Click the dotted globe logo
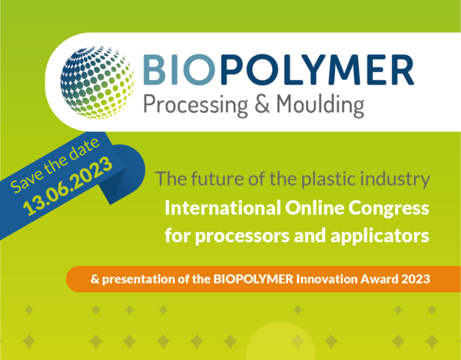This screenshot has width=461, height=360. [x=98, y=82]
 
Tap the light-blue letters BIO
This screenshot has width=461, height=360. [x=179, y=70]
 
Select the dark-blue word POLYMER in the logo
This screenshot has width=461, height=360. [x=317, y=70]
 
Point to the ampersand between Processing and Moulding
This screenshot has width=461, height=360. [x=262, y=104]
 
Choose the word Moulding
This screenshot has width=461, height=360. [x=320, y=106]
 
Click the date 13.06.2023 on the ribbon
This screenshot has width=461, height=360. [x=68, y=186]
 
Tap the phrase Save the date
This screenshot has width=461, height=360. [x=55, y=165]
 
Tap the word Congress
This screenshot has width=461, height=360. [x=389, y=209]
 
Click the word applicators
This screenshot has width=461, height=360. [x=380, y=236]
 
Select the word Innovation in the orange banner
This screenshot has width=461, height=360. [x=327, y=279]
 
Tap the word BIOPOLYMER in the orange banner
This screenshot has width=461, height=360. [x=253, y=279]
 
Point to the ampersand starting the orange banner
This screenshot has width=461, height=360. [x=95, y=279]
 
